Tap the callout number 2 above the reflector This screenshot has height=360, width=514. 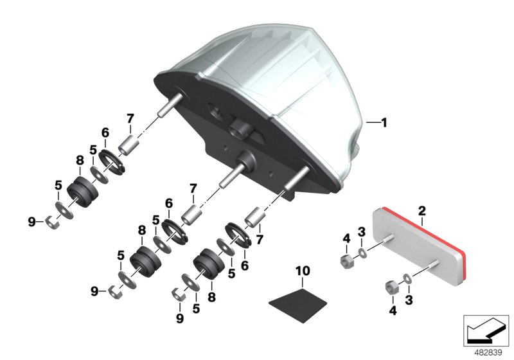pos(422,212)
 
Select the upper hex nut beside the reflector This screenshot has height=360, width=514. pos(345,262)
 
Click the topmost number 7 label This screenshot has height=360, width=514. pos(130,118)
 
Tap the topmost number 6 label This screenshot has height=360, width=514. pos(105,134)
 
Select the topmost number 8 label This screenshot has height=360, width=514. pos(80,161)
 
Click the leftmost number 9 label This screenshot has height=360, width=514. pos(31,222)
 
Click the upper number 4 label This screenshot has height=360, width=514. pos(346,239)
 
